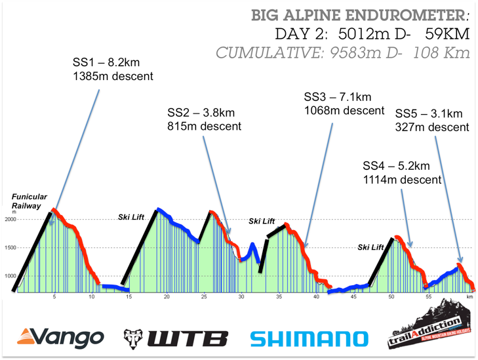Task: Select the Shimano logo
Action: tap(309, 338)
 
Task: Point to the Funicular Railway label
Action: tap(29, 201)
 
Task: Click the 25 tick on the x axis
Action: tap(204, 296)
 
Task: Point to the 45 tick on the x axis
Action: tap(353, 296)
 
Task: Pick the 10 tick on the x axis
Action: tap(92, 296)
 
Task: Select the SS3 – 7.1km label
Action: tap(338, 96)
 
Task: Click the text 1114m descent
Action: tap(401, 178)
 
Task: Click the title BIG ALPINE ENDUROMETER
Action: tap(359, 14)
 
